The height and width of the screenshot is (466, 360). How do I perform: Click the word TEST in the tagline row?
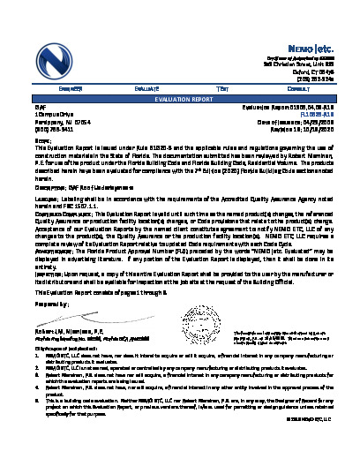pyautogui.click(x=223, y=89)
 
